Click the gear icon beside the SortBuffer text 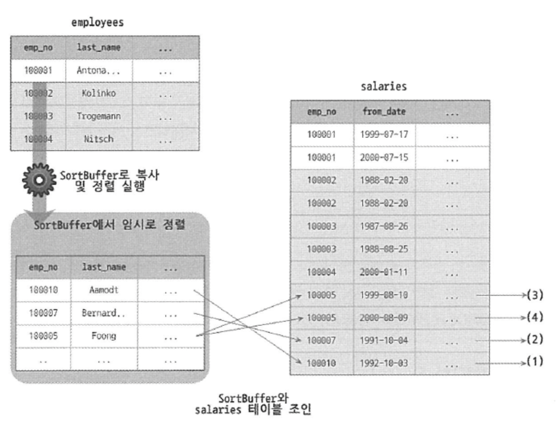pos(39,180)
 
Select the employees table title pos(97,22)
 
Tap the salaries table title pos(384,87)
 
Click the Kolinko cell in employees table pos(99,93)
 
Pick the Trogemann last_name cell pos(99,116)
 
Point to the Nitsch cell pos(99,139)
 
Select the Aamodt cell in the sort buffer pos(104,290)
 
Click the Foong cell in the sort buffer pos(104,336)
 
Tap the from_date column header pos(384,112)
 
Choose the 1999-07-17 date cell pos(384,135)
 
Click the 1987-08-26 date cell pos(384,226)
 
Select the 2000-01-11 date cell pos(384,272)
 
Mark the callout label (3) pos(535,295)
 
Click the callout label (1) pos(535,361)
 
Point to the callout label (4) pos(535,317)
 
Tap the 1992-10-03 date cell pos(384,363)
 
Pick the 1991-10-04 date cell pos(384,340)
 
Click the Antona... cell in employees pos(98,70)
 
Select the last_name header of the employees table pos(99,48)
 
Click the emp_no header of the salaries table pos(322,112)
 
